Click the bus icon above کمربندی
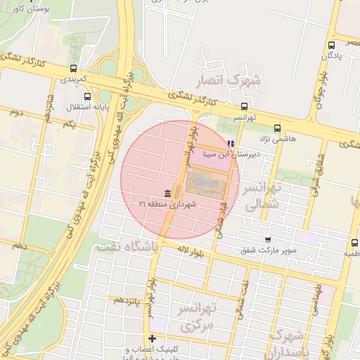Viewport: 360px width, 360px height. (x=73, y=69)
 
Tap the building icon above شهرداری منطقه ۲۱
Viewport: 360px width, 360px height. (x=167, y=193)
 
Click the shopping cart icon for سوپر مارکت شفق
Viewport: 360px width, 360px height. (x=268, y=240)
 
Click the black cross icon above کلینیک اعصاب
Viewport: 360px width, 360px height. (x=151, y=339)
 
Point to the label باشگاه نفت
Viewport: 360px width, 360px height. (x=131, y=247)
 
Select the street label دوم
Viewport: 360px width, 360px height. (x=17, y=112)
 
